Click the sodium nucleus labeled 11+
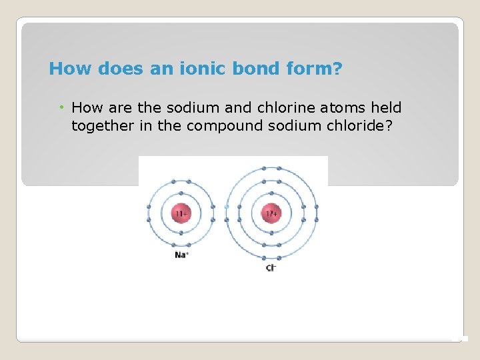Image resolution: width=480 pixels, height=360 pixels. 181,215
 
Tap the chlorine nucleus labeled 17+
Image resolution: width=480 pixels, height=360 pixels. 271,215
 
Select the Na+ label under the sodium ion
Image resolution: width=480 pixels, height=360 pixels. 181,255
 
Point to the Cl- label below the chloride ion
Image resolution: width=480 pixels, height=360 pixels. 271,267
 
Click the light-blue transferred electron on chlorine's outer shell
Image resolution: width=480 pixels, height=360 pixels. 227,207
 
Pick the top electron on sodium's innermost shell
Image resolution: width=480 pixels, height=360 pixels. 181,197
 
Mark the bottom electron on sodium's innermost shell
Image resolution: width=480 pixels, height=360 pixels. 181,233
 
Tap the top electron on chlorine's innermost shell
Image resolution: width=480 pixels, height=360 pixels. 271,197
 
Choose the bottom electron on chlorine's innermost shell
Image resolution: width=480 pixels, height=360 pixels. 271,233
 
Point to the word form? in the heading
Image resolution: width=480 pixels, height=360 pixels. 315,69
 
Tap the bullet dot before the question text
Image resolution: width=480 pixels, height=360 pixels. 61,108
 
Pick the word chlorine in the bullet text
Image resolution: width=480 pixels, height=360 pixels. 260,108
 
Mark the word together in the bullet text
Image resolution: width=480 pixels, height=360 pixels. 103,127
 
